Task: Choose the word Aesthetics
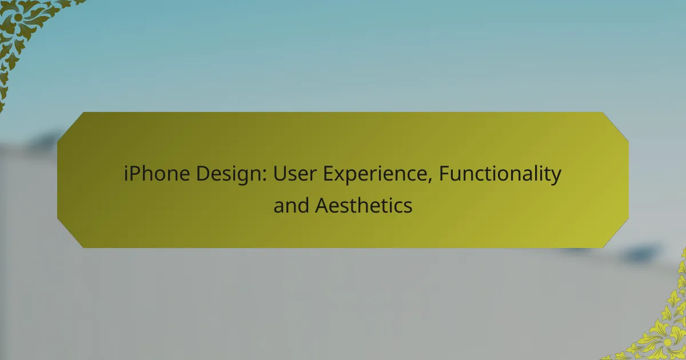[x=364, y=205]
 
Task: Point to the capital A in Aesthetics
[x=322, y=205]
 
